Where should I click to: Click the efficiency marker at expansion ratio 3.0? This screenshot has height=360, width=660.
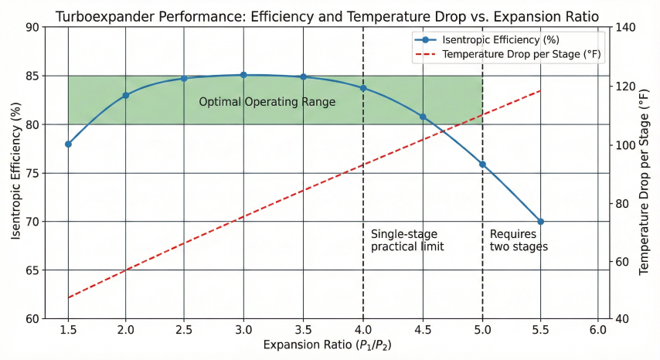(243, 75)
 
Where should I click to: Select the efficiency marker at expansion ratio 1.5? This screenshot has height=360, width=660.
(68, 144)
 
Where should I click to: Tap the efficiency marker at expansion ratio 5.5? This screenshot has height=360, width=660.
(540, 222)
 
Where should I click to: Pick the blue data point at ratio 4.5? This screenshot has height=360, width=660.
(423, 117)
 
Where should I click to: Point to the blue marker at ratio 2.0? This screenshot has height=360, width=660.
(125, 95)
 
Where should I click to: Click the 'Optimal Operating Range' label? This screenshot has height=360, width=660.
(267, 102)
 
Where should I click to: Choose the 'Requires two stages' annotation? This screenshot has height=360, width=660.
(519, 240)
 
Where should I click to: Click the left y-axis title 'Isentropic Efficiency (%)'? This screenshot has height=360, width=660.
(15, 173)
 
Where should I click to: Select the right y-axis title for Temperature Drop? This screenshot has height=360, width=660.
(645, 173)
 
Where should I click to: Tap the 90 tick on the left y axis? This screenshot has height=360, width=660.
(32, 27)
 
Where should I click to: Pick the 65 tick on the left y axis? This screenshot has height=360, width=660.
(32, 270)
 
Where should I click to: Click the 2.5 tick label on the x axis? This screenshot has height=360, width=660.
(184, 329)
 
